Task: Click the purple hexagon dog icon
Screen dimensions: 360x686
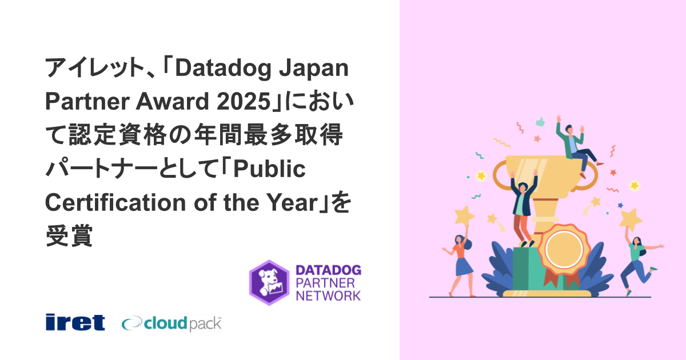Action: [x=269, y=282]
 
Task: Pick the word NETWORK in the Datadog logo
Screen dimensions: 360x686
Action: [x=328, y=295]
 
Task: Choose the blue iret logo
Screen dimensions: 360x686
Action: [x=75, y=322]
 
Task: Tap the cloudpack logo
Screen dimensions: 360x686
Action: [x=171, y=323]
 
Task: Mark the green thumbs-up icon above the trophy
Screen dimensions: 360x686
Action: [x=539, y=121]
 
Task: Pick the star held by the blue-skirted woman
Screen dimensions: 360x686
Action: [x=464, y=215]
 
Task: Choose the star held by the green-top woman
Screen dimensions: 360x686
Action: [x=631, y=218]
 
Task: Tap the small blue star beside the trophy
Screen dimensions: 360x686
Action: [x=620, y=205]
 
